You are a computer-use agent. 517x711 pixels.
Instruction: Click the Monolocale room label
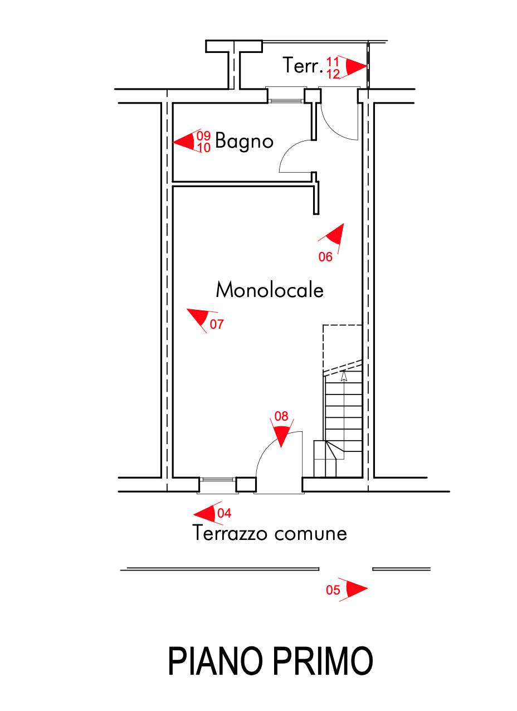[270, 290]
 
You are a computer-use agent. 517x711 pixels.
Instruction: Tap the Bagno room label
[244, 142]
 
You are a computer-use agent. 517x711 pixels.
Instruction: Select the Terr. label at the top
[303, 66]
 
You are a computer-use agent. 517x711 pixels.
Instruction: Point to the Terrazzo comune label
[270, 534]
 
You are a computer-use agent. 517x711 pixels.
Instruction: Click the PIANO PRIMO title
[270, 661]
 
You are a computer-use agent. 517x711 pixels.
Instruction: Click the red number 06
[325, 257]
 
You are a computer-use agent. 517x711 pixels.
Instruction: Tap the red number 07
[217, 324]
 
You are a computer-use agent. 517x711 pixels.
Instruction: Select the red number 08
[281, 416]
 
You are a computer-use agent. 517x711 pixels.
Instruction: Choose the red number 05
[333, 590]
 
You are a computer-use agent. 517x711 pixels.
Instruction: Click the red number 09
[204, 135]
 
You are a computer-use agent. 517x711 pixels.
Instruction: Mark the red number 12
[333, 74]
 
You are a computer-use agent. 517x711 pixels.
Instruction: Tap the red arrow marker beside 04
[205, 513]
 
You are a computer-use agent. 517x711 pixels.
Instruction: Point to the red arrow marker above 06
[335, 233]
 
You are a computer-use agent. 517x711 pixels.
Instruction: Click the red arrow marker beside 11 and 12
[355, 67]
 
